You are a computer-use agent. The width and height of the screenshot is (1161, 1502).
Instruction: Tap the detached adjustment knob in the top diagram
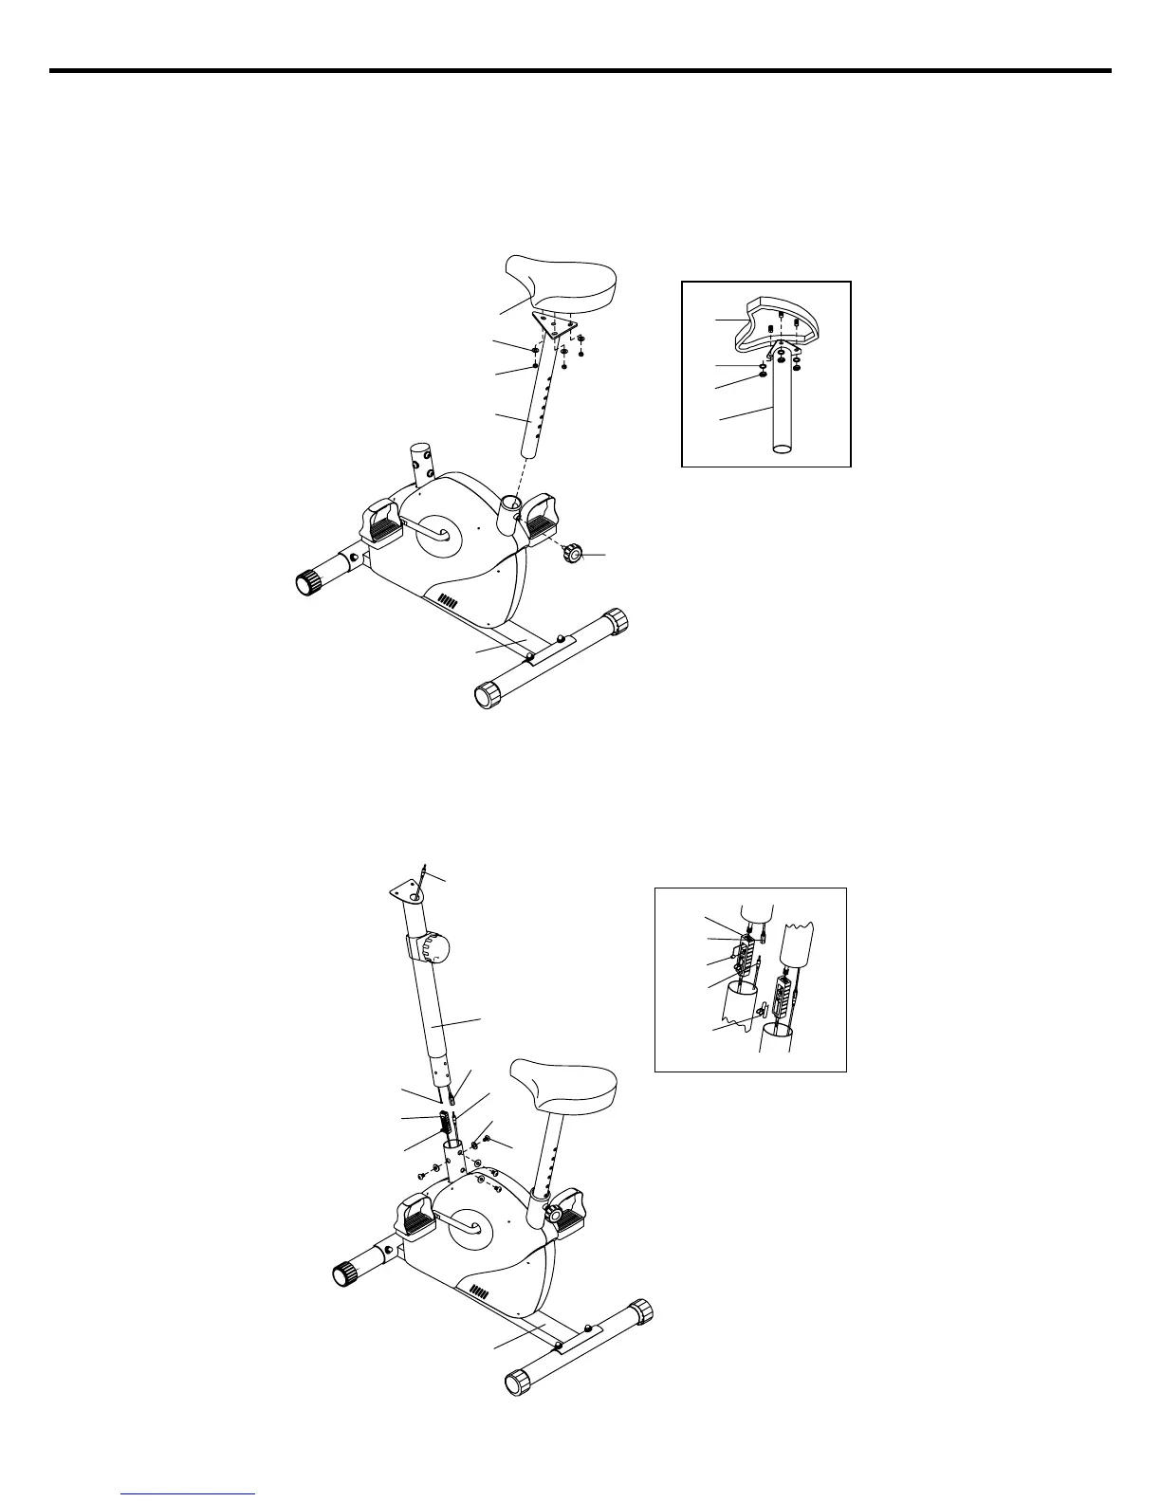point(574,552)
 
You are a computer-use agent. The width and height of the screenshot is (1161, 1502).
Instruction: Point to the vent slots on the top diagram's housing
point(448,601)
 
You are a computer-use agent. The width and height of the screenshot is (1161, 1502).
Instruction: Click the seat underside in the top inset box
point(778,318)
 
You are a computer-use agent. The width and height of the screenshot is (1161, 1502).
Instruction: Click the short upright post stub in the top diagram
point(420,465)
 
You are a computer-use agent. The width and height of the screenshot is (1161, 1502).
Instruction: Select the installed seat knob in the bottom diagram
point(554,1214)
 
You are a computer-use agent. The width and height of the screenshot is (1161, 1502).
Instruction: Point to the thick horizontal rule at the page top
point(580,70)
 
